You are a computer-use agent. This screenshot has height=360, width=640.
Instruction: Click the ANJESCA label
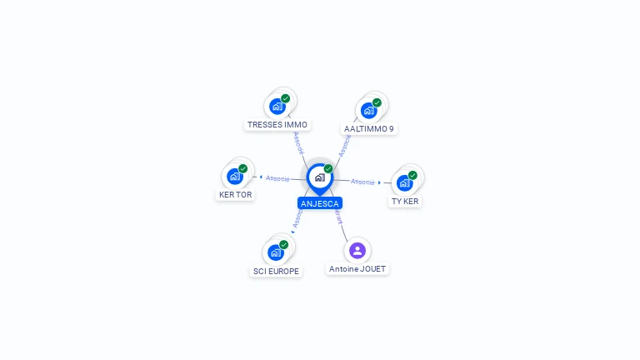pos(320,203)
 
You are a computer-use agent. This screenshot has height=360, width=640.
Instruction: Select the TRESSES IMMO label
pos(277,125)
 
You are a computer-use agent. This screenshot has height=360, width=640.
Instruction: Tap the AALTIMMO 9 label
pos(369,129)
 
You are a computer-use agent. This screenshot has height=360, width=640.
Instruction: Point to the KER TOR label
pos(235,195)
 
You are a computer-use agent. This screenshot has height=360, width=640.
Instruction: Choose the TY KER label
pos(405,202)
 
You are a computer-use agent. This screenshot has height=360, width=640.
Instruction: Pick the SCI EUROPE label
pos(276,272)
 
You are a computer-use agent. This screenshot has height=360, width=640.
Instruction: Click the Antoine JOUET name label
pos(357,269)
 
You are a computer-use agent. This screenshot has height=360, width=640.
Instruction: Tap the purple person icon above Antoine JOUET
pos(357,250)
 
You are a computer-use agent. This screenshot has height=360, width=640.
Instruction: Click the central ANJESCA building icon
pos(319,177)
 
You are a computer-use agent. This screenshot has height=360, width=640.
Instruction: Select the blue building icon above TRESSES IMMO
pos(277,107)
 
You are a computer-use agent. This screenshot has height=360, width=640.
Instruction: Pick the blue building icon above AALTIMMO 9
pos(368,111)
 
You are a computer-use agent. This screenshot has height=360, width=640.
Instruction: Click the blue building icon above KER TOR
pos(234,177)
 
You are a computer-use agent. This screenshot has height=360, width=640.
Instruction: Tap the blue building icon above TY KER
pos(404,183)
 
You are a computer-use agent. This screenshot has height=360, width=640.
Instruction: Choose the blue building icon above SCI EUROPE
pos(275,252)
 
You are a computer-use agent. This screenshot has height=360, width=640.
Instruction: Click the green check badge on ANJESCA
pos(328,168)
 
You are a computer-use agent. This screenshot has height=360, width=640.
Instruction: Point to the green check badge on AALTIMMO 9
pos(377,102)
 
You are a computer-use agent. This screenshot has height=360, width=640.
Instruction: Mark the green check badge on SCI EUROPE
pos(283,244)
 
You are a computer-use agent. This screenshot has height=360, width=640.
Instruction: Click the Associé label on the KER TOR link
pos(278,178)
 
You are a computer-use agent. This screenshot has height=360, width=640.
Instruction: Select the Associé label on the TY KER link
pos(362,181)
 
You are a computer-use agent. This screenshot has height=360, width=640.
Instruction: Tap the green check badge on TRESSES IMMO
pos(285,98)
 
